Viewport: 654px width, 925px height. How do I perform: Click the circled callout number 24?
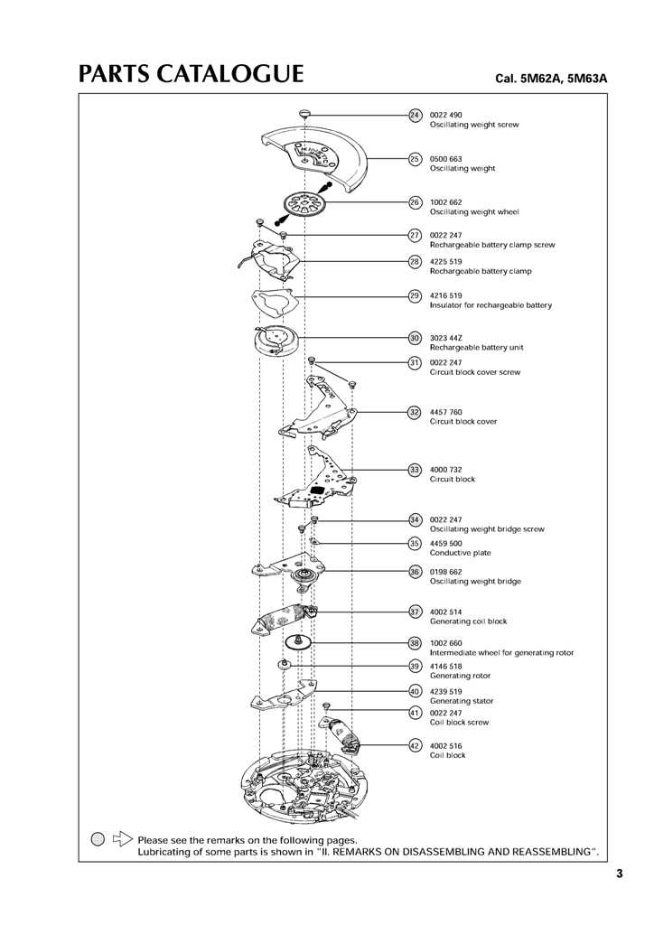pos(416,115)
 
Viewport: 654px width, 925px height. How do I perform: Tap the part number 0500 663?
pos(445,159)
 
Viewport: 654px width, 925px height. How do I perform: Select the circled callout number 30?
pos(416,338)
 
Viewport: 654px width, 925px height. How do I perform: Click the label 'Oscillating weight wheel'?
pos(474,212)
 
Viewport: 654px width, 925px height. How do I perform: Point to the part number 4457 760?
pos(445,412)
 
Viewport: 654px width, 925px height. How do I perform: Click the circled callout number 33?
pos(416,470)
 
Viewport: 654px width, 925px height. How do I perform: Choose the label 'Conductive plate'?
pos(461,553)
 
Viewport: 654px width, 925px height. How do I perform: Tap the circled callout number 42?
pos(416,745)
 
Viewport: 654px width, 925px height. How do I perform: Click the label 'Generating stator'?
pos(462,701)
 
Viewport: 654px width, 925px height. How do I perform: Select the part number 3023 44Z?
pos(445,338)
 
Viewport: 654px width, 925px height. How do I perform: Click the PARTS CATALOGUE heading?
pos(190,74)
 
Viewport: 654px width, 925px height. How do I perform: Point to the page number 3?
pos(620,874)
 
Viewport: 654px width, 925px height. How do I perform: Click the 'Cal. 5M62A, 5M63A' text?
pos(551,79)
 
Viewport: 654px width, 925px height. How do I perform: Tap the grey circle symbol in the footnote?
pos(98,839)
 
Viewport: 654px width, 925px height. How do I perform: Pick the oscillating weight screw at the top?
pos(305,113)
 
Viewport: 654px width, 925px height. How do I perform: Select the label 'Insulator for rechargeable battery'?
pos(490,305)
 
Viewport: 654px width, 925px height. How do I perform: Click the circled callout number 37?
pos(416,612)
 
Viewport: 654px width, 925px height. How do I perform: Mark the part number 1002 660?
pos(445,643)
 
